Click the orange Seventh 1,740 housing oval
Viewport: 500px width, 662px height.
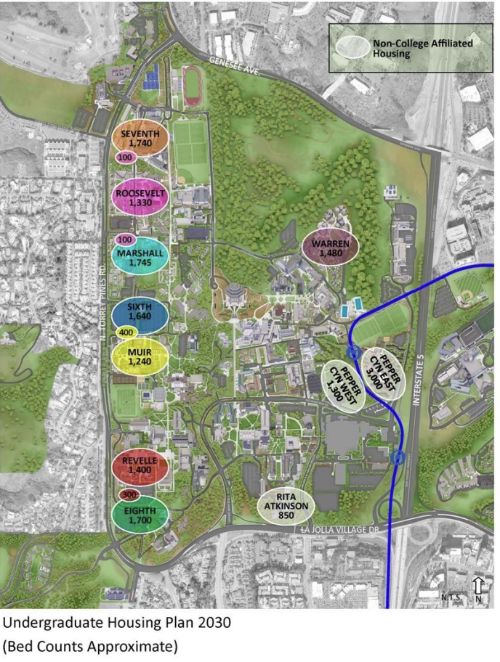point(140,138)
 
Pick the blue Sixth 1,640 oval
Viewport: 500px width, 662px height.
point(140,311)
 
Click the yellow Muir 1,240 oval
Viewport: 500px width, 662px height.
point(140,356)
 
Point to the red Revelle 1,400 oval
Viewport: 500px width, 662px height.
point(140,465)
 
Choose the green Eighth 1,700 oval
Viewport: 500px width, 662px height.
point(140,515)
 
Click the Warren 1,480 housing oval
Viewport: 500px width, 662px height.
point(331,248)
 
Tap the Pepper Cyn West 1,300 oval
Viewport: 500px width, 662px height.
point(344,387)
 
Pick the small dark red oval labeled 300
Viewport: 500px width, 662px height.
point(129,495)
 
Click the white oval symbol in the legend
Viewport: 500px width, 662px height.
point(352,47)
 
